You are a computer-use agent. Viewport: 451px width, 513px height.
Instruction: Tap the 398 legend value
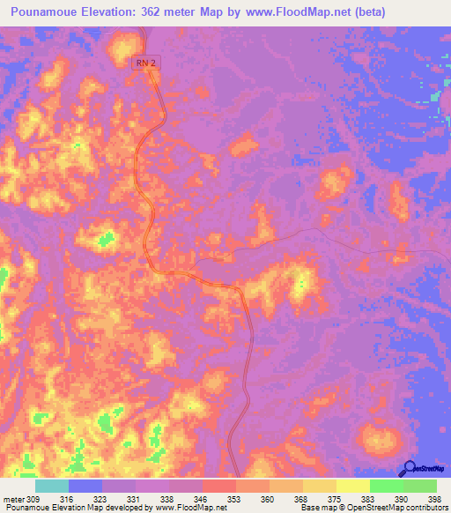pos(433,498)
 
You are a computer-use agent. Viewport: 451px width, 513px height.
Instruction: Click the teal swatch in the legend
pos(52,486)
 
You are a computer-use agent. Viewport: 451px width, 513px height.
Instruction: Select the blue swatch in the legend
pos(85,486)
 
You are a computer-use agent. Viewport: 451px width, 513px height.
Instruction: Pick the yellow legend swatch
pos(353,486)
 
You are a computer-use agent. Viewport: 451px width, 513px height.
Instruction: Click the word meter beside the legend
pos(12,498)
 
